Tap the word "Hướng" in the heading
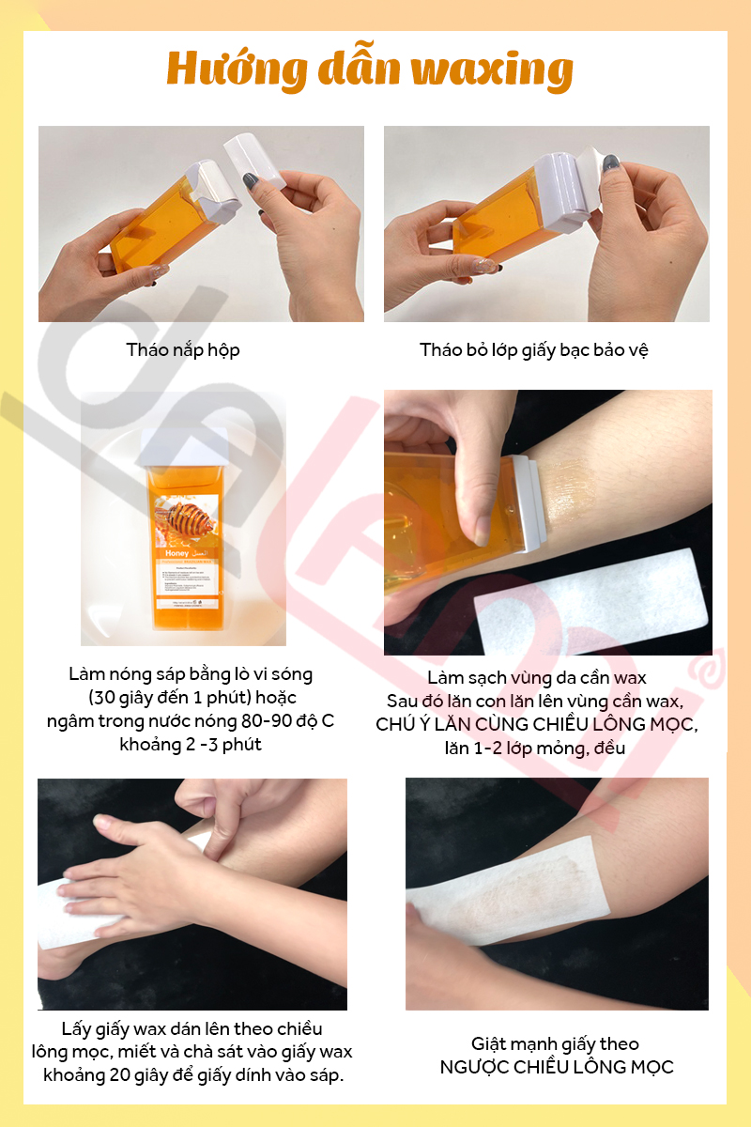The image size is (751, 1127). (237, 69)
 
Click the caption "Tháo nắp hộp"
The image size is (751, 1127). (183, 349)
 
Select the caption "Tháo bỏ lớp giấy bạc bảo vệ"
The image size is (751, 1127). (534, 349)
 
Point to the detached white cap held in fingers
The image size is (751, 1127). (254, 159)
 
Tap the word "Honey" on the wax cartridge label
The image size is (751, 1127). (176, 553)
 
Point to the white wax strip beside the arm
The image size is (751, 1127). (590, 600)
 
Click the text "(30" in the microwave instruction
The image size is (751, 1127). (100, 698)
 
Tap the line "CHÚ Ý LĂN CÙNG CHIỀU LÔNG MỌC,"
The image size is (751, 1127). (537, 724)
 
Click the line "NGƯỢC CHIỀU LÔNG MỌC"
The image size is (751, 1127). (557, 1067)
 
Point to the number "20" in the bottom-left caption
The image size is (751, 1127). (120, 1075)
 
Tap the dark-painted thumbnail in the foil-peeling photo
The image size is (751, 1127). (611, 163)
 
